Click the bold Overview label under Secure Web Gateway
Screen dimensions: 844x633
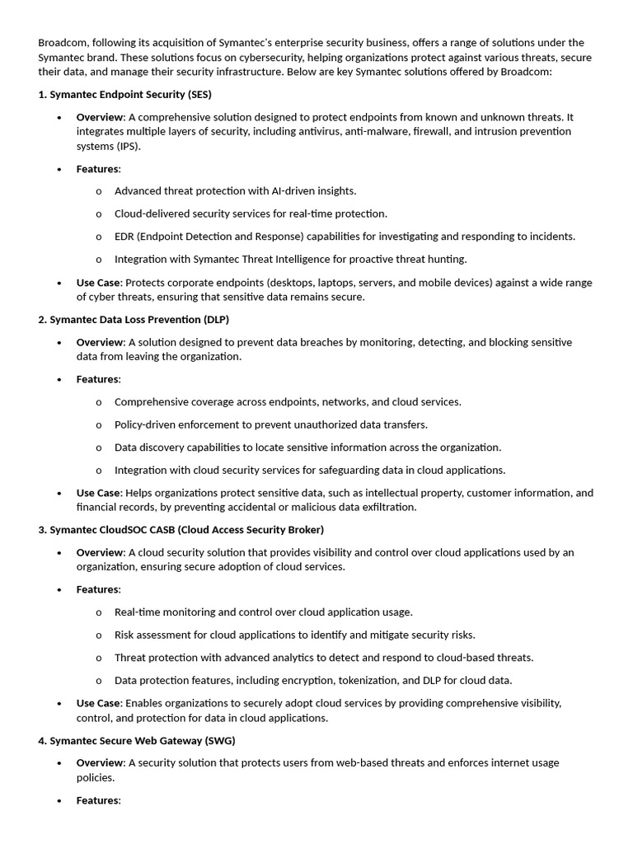(x=99, y=762)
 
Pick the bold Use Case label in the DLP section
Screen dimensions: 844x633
(x=98, y=493)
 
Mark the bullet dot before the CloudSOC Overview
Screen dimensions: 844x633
(x=59, y=552)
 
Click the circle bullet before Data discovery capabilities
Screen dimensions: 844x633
(x=99, y=448)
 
